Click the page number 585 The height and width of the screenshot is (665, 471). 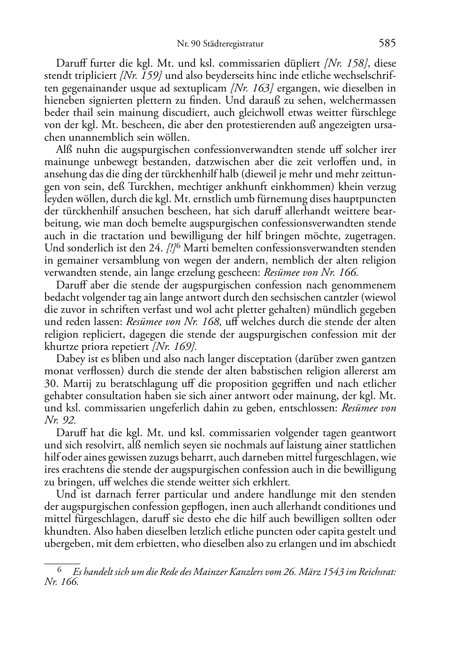387,44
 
